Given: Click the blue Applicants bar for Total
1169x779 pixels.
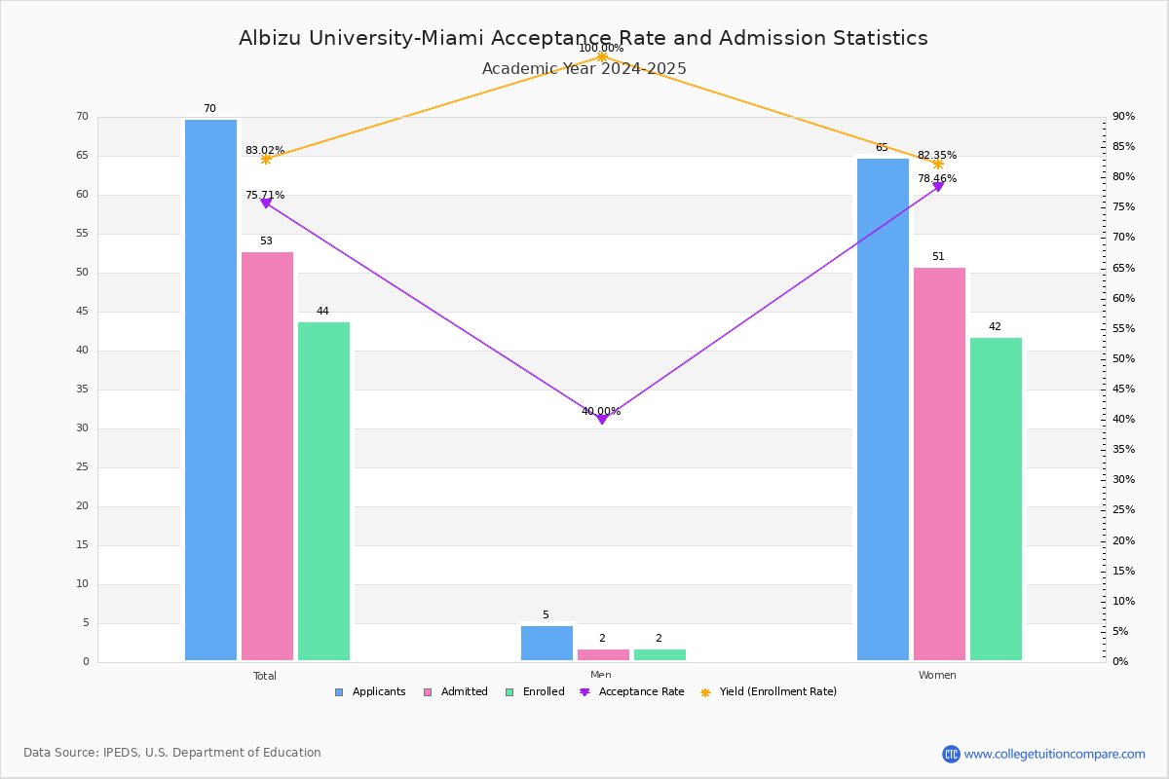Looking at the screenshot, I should click(x=210, y=389).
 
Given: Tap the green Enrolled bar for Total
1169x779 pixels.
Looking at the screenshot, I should click(x=323, y=491).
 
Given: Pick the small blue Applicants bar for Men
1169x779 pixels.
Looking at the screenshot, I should click(x=547, y=643).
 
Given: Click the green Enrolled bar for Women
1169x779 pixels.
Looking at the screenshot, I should click(x=996, y=499).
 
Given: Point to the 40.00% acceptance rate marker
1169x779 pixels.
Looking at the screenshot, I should click(x=602, y=419).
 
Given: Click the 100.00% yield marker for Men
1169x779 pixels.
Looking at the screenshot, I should click(x=602, y=56).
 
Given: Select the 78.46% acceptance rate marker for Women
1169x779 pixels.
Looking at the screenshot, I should click(x=938, y=186).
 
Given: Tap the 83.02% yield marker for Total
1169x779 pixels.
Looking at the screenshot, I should click(x=266, y=159).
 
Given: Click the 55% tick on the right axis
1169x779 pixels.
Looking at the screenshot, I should click(x=1123, y=328).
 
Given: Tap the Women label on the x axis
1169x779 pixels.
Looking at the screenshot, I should click(x=937, y=676).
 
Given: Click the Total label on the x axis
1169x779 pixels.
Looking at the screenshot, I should click(x=265, y=676).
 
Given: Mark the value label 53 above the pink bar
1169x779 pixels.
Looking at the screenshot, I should click(x=266, y=241).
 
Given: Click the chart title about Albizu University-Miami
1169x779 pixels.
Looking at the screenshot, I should click(x=583, y=38).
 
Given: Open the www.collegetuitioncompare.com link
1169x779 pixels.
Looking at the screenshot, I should click(x=1054, y=754).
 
